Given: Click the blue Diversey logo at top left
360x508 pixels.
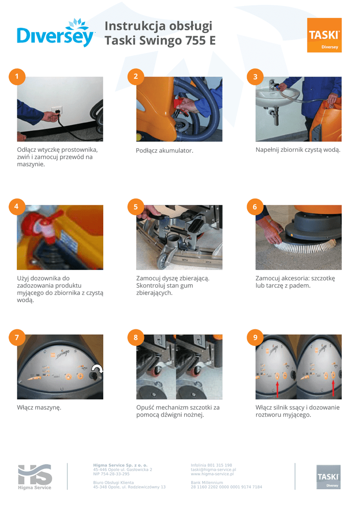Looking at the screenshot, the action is (x=56, y=33).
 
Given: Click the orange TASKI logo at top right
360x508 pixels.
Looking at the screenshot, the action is (x=324, y=35).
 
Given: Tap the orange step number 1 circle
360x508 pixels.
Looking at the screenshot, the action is (x=17, y=77).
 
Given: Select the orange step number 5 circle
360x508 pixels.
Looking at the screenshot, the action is (x=136, y=207).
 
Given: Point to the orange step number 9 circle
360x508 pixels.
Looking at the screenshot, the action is (x=255, y=337).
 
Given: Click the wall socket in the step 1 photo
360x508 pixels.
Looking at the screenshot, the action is (x=55, y=110).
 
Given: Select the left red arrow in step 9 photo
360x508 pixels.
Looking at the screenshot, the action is (x=277, y=389).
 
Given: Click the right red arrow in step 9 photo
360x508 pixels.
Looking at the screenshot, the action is (x=333, y=388).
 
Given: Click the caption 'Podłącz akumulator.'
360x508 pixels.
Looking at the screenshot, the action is (x=164, y=151).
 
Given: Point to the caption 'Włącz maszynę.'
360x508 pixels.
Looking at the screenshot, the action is (x=39, y=408).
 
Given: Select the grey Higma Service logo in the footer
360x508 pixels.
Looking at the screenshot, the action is (x=35, y=477).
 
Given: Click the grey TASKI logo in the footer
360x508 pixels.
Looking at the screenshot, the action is (x=328, y=477).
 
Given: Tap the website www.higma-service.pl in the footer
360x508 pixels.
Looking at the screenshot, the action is (x=212, y=474).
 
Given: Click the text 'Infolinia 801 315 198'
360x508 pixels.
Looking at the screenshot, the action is (x=212, y=465).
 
